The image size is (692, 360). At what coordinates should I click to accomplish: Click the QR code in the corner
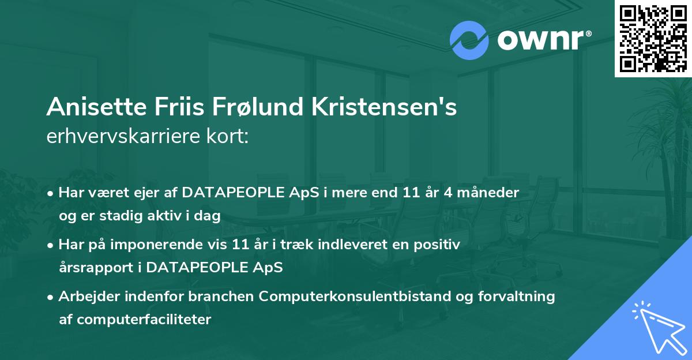click(653, 38)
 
